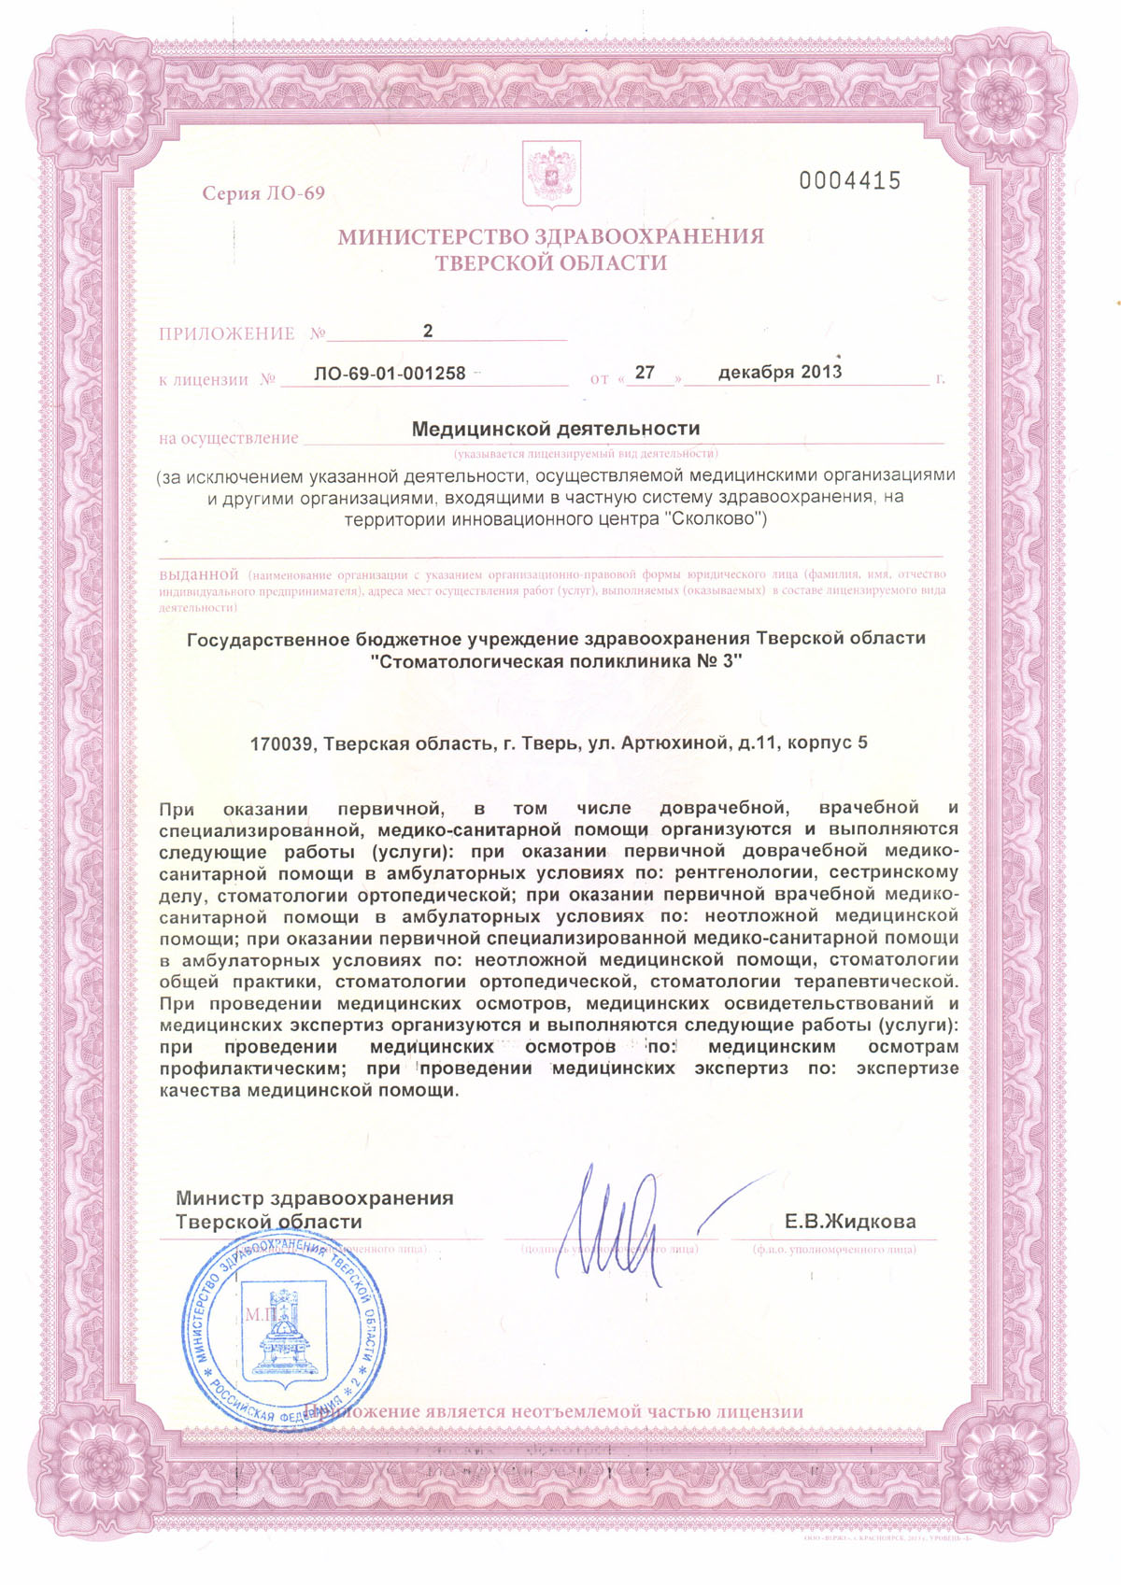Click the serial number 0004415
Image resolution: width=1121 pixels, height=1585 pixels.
click(850, 181)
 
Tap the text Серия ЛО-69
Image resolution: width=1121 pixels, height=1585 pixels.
click(263, 193)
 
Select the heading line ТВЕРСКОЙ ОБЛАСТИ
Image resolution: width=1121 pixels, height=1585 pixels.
click(551, 263)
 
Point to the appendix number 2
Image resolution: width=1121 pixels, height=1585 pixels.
click(428, 332)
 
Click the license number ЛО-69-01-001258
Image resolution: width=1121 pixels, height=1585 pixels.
click(390, 374)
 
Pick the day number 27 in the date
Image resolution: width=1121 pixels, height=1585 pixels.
click(645, 373)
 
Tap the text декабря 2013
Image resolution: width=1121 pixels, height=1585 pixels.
click(780, 372)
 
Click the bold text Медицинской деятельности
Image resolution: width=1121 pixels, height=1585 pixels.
click(556, 429)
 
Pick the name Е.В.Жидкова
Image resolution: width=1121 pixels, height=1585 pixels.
click(850, 1222)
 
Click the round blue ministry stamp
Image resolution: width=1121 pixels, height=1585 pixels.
click(283, 1327)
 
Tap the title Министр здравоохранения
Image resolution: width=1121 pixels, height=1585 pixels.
click(315, 1198)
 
